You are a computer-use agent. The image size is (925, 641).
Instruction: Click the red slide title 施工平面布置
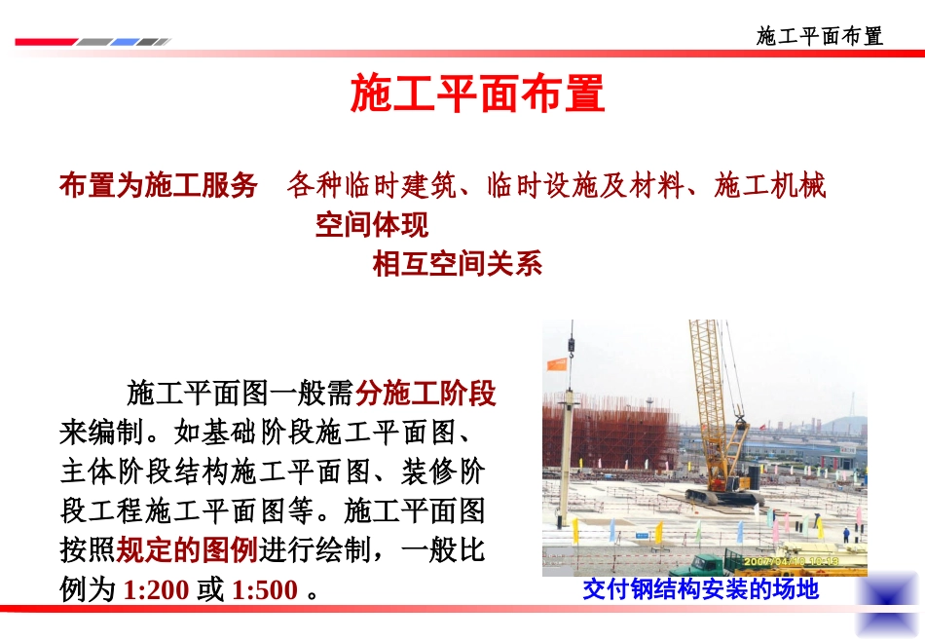coord(477,94)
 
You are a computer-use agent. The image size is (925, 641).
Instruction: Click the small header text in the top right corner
coord(820,36)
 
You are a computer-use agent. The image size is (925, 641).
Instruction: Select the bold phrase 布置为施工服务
coord(159,185)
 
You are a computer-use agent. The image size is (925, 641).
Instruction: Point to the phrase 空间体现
coord(371,225)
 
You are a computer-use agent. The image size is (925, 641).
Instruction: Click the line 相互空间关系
coord(458,264)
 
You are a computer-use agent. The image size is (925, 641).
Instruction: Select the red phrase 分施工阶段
coord(425,395)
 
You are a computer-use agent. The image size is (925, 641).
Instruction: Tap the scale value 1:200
coord(158,590)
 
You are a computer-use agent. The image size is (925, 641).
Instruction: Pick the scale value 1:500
coord(265,590)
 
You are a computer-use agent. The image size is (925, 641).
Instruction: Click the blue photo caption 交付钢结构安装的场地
coord(701,589)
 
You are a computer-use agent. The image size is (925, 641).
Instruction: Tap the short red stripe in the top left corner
coord(45,42)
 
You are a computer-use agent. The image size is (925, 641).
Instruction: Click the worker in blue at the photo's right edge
coord(846,534)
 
